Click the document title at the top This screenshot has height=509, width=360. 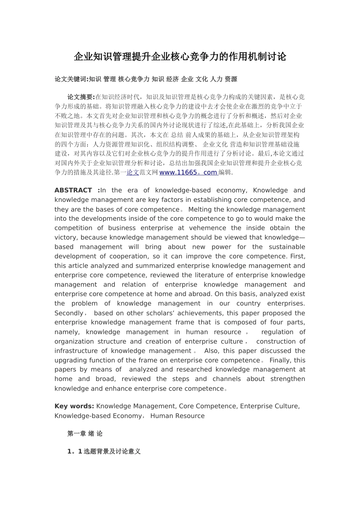click(x=180, y=57)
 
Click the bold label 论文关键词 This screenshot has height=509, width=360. click(x=71, y=79)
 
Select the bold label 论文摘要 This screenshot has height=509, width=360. click(x=81, y=97)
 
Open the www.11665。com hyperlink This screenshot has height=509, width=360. click(x=188, y=172)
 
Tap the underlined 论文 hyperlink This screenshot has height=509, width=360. click(x=133, y=172)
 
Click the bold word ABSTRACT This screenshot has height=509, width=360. click(x=73, y=190)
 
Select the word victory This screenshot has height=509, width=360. click(x=65, y=237)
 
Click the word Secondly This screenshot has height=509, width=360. click(x=69, y=313)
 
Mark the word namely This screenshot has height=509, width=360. click(x=66, y=332)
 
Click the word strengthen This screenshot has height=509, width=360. click(x=288, y=379)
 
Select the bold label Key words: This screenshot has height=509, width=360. click(x=74, y=406)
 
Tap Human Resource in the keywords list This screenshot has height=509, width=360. click(x=177, y=416)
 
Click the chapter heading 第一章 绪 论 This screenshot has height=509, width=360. click(x=85, y=434)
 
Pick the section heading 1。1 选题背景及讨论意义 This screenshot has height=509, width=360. click(x=104, y=451)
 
